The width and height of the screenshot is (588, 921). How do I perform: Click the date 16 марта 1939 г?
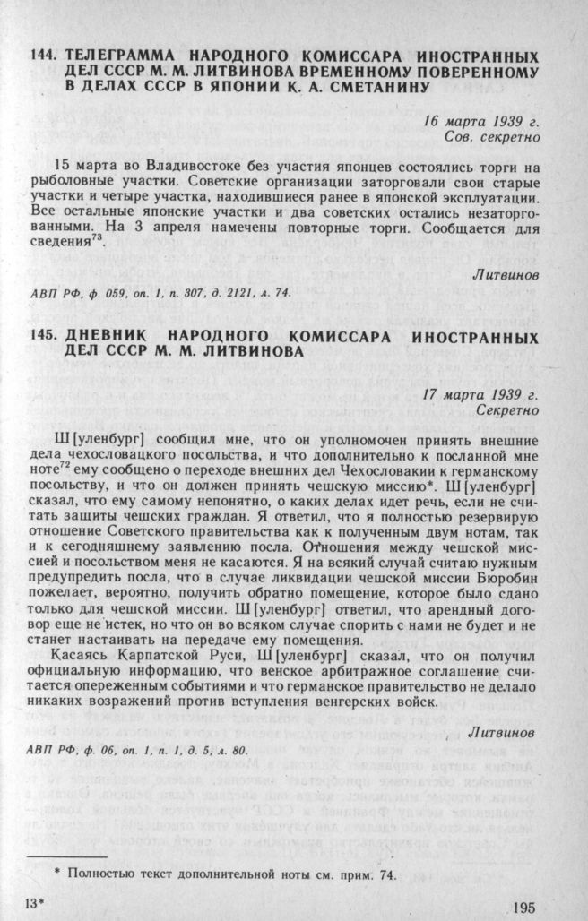(x=481, y=122)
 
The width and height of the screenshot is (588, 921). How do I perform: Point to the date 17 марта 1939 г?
(x=481, y=393)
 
